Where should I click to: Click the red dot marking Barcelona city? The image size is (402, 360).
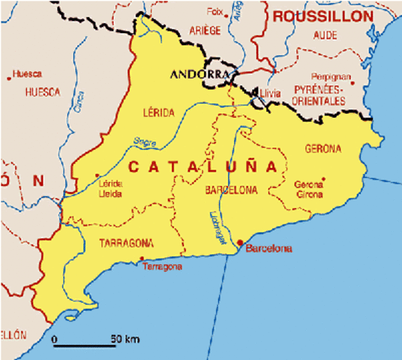pos(240,242)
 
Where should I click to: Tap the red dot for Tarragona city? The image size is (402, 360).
pos(142,259)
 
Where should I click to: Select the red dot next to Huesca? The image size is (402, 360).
pos(9,75)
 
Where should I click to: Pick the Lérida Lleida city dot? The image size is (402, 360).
pos(98,177)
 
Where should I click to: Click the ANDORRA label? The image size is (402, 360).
pos(199,74)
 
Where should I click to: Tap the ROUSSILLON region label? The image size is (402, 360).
pos(323,16)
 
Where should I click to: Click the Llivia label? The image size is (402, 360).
pos(270,94)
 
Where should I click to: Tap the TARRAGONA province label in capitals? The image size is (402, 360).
pos(126,243)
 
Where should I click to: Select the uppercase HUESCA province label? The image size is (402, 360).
pos(42,92)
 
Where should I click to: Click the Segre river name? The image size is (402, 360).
pos(145,141)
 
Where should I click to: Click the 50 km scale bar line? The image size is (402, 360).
pos(84,345)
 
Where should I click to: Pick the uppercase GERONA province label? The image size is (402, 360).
pos(322,148)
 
